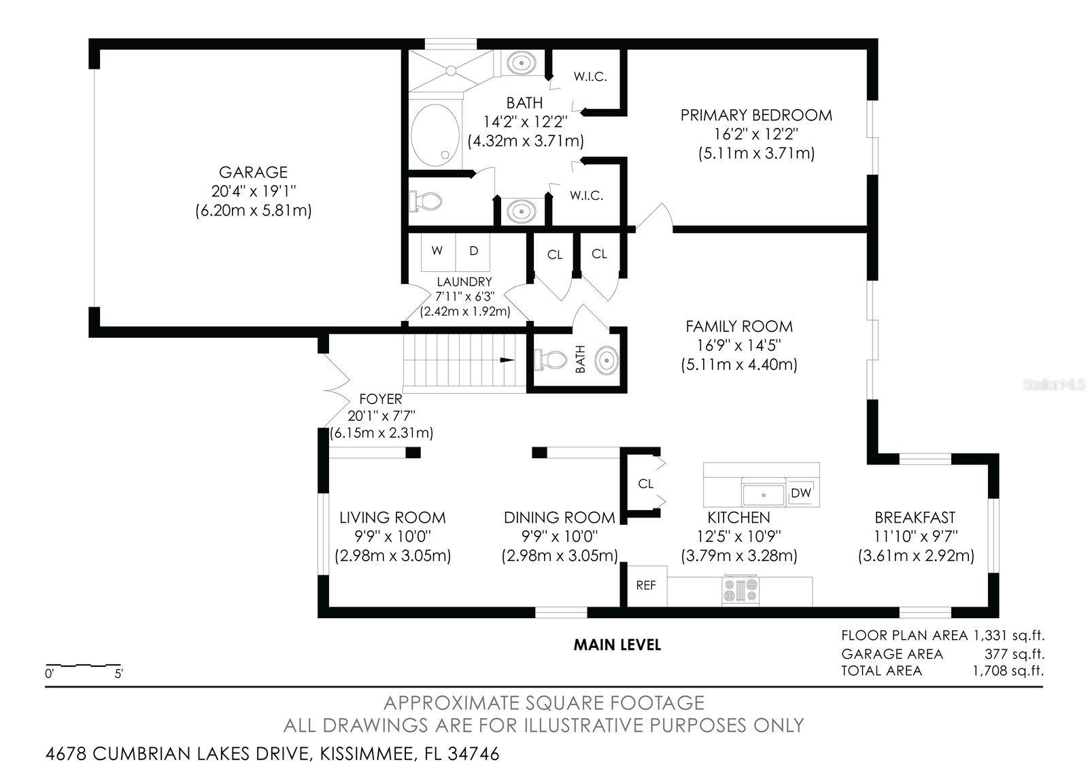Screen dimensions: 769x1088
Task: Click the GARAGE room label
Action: [253, 172]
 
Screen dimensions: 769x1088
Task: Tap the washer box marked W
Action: [437, 251]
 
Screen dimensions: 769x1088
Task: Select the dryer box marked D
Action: [474, 251]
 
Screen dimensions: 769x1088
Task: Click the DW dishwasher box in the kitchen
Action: [801, 493]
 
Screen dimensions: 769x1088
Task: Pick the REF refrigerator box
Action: [646, 585]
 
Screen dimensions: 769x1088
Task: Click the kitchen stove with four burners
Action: [741, 589]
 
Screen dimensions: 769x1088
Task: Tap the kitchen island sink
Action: [762, 493]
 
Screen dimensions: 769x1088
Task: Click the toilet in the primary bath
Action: [426, 201]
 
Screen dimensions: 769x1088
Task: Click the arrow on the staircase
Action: [507, 360]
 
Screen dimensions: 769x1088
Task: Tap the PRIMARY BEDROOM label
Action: [756, 115]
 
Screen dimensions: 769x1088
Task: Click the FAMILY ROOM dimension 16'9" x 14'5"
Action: [738, 345]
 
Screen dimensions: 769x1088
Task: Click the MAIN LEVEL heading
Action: [617, 644]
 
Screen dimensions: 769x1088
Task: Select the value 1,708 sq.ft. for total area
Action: [1008, 671]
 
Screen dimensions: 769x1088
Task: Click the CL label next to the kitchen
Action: [645, 483]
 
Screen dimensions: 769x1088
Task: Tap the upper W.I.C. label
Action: [590, 77]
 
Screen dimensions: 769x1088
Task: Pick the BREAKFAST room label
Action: [915, 517]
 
